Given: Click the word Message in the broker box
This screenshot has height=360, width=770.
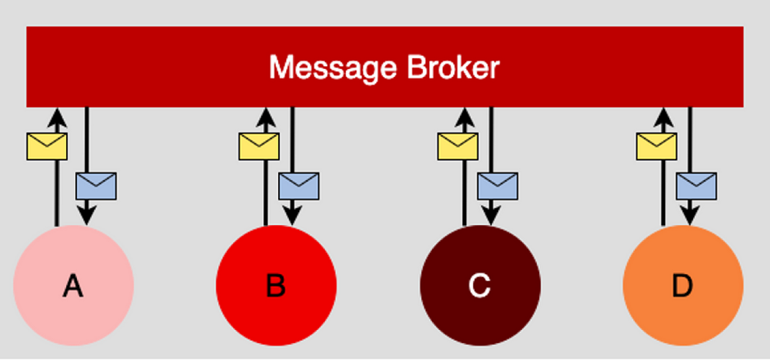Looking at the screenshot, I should pos(326,68).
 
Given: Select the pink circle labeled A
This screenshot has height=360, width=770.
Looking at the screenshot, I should pos(73,285).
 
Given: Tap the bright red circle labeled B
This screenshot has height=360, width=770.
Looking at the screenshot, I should pos(276,285).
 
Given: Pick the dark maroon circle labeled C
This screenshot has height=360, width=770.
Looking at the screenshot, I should pos(480,285).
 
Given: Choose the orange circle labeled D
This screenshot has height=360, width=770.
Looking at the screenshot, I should pos(683,285).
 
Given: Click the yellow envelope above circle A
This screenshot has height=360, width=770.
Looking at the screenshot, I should pos(47,147).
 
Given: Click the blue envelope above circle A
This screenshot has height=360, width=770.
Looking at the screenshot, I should pos(96,185).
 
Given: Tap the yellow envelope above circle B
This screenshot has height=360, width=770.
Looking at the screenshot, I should pos(259,146).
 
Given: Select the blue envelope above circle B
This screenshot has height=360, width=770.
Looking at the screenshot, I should pos(298,185).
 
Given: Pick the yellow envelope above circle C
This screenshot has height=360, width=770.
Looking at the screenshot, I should pos(458,146).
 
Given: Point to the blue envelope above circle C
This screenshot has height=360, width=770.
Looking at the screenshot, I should pos(497,185).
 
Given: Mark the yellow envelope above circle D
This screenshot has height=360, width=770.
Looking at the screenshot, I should pos(656,146).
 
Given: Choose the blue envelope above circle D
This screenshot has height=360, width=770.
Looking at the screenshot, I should pos(696,185).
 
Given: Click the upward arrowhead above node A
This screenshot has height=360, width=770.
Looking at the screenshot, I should pos(56,116).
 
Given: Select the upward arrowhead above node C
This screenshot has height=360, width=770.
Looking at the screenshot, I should pos(464,116).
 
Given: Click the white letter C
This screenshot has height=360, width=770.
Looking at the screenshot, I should pos(480,286).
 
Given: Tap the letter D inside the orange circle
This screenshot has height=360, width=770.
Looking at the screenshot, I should pos(683,286).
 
